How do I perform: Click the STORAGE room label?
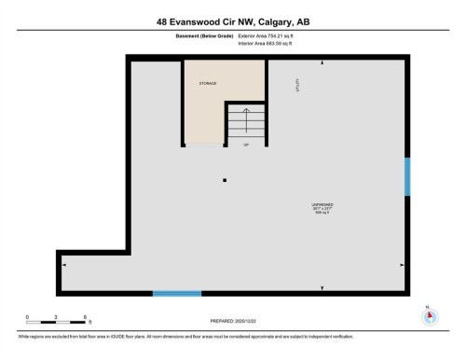(207, 83)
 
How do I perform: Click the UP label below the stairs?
(246, 145)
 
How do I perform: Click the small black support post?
(224, 180)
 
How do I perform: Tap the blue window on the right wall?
(406, 176)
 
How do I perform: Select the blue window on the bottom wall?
(176, 294)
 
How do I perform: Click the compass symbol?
(429, 316)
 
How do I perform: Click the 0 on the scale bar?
(27, 316)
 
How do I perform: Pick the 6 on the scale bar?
(85, 316)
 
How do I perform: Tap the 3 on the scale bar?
(56, 316)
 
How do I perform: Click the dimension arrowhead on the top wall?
(322, 63)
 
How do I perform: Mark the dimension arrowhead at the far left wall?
(64, 266)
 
